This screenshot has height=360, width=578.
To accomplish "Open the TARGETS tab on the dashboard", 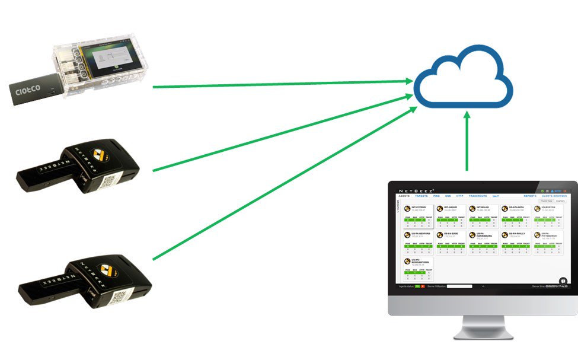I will [x=421, y=195].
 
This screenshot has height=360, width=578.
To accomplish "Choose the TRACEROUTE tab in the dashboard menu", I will [x=477, y=195].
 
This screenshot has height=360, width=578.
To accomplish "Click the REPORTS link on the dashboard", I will [x=530, y=195].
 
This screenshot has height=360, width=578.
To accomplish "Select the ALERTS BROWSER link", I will [x=555, y=195].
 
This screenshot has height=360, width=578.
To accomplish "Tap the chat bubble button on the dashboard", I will [x=563, y=281].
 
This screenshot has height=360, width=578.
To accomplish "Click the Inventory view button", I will [x=560, y=201].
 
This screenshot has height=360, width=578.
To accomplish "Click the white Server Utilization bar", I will [x=459, y=286].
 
